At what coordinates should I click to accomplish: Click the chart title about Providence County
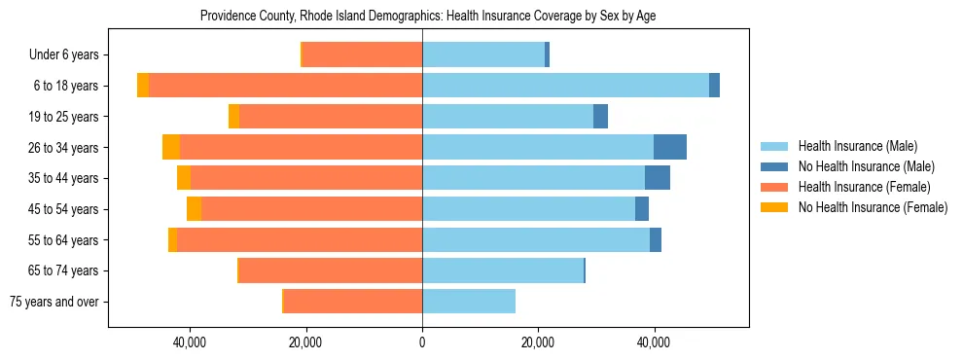pyautogui.click(x=428, y=17)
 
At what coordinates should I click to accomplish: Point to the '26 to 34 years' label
pyautogui.click(x=63, y=148)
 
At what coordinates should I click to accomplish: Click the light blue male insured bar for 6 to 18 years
pyautogui.click(x=565, y=86)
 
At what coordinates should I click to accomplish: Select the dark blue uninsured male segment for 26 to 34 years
pyautogui.click(x=670, y=147)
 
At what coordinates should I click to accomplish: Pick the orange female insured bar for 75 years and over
pyautogui.click(x=352, y=302)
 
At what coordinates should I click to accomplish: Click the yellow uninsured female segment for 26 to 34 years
pyautogui.click(x=171, y=147)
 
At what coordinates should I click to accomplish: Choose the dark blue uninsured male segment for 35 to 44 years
pyautogui.click(x=658, y=178)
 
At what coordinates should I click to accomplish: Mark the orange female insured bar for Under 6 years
pyautogui.click(x=362, y=54)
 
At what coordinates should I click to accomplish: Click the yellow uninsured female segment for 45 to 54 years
pyautogui.click(x=194, y=209)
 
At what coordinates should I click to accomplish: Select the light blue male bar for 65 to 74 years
pyautogui.click(x=502, y=270)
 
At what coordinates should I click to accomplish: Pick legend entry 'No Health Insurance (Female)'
pyautogui.click(x=873, y=207)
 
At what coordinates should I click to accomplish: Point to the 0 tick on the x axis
pyautogui.click(x=422, y=342)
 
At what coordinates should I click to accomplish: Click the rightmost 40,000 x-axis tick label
pyautogui.click(x=654, y=342)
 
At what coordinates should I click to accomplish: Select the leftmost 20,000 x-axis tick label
pyautogui.click(x=306, y=342)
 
